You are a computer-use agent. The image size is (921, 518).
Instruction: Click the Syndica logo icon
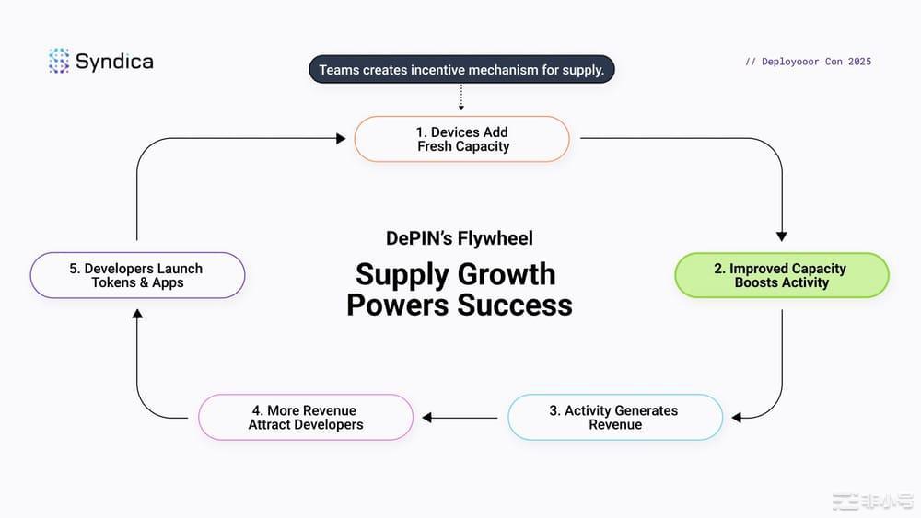click(x=59, y=61)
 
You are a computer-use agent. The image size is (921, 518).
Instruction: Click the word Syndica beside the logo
click(x=114, y=62)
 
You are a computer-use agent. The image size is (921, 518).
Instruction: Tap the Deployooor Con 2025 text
click(x=809, y=62)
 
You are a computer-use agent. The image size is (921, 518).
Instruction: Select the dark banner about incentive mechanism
click(x=461, y=69)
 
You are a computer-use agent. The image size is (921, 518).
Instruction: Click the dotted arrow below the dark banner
click(x=461, y=98)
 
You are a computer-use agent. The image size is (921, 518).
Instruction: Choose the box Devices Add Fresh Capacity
click(x=461, y=139)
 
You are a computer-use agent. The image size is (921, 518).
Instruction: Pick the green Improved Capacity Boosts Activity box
click(x=782, y=275)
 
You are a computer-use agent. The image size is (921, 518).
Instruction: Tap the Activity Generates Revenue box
click(x=615, y=417)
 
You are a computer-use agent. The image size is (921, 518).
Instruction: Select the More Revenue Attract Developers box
click(x=306, y=417)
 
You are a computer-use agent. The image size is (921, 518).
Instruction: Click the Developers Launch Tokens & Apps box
click(x=137, y=275)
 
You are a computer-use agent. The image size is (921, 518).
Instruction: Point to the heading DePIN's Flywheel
click(x=460, y=238)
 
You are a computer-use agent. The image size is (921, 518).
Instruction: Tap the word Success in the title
click(x=515, y=305)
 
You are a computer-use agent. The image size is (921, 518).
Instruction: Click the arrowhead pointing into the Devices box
click(x=341, y=138)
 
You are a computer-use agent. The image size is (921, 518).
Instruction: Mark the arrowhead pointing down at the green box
click(x=782, y=236)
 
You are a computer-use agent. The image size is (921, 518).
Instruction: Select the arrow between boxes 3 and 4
click(x=460, y=418)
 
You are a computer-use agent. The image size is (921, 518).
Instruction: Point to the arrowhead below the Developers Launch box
click(x=137, y=314)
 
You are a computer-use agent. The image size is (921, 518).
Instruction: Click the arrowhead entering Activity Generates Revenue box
click(x=737, y=418)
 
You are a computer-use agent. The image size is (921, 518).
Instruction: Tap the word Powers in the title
click(x=398, y=305)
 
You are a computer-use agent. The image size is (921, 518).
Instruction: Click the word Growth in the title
click(x=507, y=274)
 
